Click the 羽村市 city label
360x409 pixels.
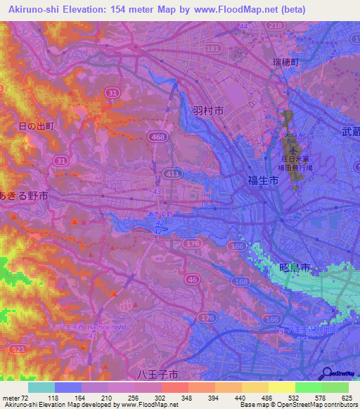click(x=208, y=111)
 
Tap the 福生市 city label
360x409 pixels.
click(x=262, y=181)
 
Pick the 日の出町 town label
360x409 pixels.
click(x=34, y=126)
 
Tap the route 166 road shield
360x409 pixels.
click(x=239, y=247)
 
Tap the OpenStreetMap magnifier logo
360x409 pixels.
click(x=327, y=372)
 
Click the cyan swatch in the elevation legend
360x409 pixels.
click(x=41, y=387)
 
